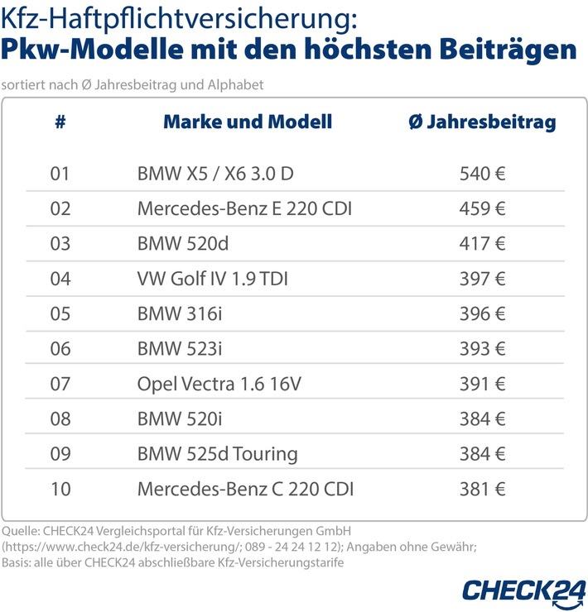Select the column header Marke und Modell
(x=247, y=122)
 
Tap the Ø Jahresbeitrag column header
(x=482, y=122)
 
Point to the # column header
(x=60, y=122)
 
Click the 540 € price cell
(x=482, y=175)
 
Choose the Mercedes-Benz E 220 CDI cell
(x=244, y=209)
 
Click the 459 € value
(x=482, y=209)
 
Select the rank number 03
(x=60, y=244)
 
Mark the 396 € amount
(x=482, y=314)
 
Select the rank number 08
(x=60, y=419)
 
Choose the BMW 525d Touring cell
(x=217, y=454)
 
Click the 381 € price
(x=482, y=489)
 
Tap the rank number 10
(x=60, y=489)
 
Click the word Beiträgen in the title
(x=507, y=49)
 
